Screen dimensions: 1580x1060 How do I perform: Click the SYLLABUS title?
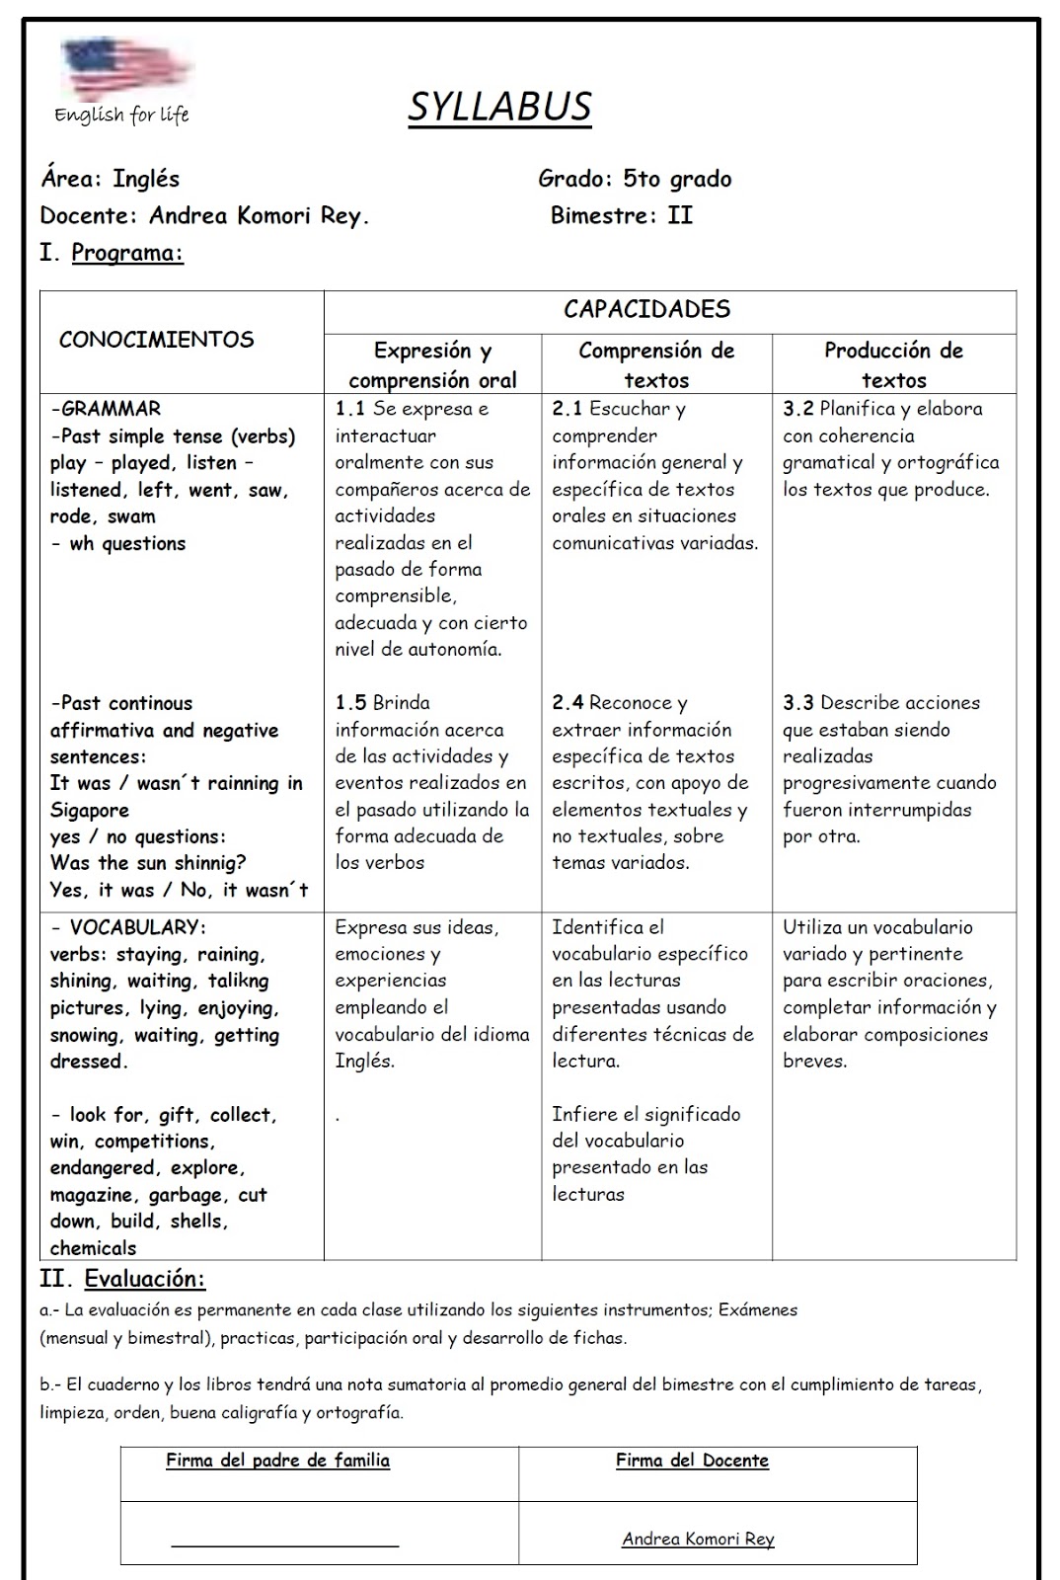tap(499, 107)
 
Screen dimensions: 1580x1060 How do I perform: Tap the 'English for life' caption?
tap(121, 115)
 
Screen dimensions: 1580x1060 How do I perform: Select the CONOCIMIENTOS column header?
tap(156, 340)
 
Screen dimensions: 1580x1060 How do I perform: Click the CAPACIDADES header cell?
tap(646, 309)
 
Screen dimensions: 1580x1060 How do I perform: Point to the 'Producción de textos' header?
tap(893, 364)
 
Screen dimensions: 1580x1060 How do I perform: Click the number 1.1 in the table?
tap(349, 409)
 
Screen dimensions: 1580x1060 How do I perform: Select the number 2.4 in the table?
tap(567, 703)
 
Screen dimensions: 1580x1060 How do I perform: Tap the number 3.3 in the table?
tap(797, 703)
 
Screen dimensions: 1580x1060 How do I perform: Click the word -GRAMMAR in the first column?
tap(106, 409)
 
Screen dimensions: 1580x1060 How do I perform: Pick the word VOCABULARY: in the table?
tap(137, 927)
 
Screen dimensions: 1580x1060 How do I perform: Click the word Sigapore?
tap(90, 811)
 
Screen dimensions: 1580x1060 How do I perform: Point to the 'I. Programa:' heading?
tap(112, 252)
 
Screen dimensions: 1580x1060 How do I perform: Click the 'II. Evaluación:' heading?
tap(122, 1279)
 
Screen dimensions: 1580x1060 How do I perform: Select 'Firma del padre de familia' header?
tap(277, 1461)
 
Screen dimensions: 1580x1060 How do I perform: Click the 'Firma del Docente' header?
tap(692, 1461)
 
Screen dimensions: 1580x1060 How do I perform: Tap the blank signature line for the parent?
tap(284, 1542)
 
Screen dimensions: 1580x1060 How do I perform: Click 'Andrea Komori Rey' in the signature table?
tap(698, 1539)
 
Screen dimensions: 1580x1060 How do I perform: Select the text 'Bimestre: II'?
tap(622, 215)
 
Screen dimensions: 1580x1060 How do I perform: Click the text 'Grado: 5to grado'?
tap(635, 179)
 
